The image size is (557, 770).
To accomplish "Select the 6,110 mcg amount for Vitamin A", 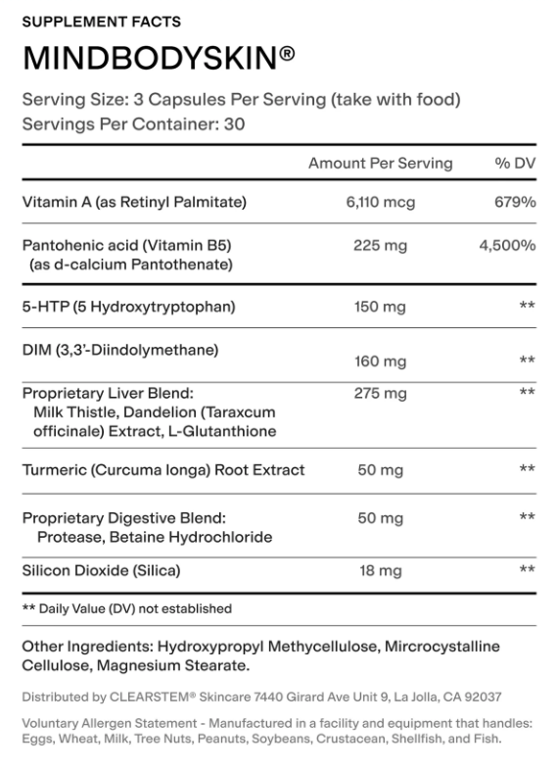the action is pos(380,203).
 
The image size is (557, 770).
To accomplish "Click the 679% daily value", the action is pos(514,203).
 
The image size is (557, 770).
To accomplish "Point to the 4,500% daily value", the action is pos(507,245).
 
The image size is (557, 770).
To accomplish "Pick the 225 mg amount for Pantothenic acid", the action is pos(380,245).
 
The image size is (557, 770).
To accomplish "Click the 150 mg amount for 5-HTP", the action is pos(380,307).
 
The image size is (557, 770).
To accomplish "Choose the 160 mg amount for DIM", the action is pos(380,361).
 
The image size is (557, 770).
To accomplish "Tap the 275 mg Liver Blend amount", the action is pos(380,393).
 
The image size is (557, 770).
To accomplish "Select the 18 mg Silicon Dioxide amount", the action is pos(380,570).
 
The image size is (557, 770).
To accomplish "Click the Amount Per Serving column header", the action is pos(380,164).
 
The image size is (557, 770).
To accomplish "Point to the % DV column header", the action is pos(515,164).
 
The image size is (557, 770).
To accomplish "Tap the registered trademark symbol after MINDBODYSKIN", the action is pos(288,55).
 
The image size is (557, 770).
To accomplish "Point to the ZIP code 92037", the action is pos(484,698).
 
